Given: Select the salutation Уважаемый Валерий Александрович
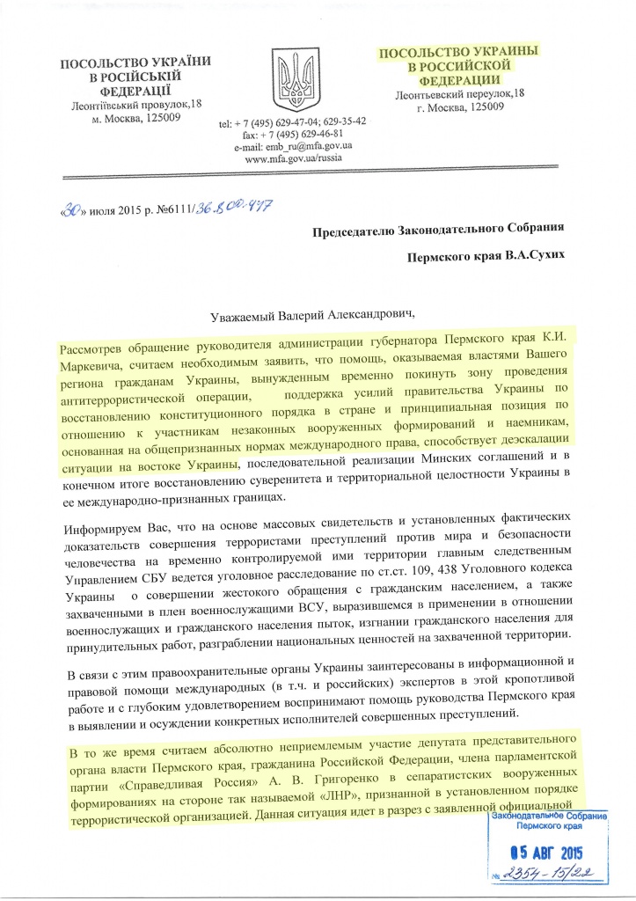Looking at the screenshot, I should [319, 314].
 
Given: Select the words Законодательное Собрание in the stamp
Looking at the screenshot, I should [542, 818].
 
